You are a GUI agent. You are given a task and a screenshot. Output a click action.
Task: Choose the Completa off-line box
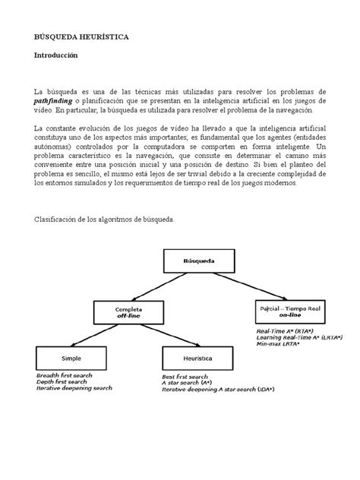click(x=130, y=313)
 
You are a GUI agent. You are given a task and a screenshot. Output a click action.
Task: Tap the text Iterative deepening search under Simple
click(x=74, y=388)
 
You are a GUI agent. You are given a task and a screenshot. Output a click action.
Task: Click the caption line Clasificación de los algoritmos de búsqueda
click(x=104, y=219)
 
